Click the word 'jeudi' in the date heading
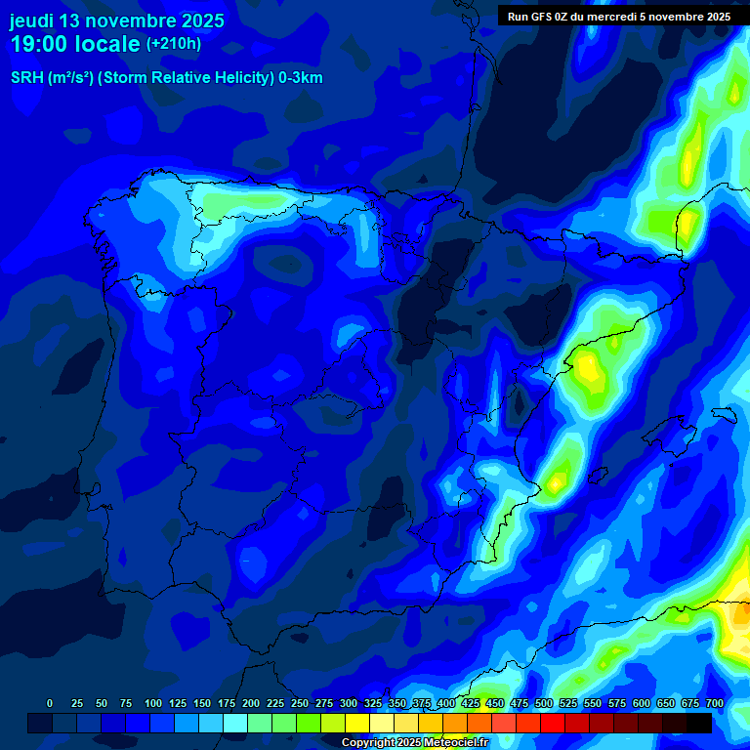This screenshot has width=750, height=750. pos(31,21)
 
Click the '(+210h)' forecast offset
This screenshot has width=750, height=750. pos(174,44)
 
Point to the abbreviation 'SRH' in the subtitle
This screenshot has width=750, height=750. pos(26,78)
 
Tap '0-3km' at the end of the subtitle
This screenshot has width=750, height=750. pos(300,78)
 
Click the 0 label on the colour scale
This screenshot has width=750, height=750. pos(50,703)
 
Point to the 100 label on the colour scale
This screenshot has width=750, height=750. pos(153,703)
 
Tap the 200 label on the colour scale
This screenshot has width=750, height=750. pos(251,703)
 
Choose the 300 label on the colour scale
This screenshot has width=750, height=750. pos(349,703)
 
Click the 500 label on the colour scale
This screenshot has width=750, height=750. pos(544,703)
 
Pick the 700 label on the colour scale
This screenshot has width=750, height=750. pos(714,703)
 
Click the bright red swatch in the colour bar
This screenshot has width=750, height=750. pos(552,723)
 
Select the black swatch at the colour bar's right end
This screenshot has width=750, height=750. pos(698,723)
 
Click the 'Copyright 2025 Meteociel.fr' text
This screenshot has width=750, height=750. pos(415,742)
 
